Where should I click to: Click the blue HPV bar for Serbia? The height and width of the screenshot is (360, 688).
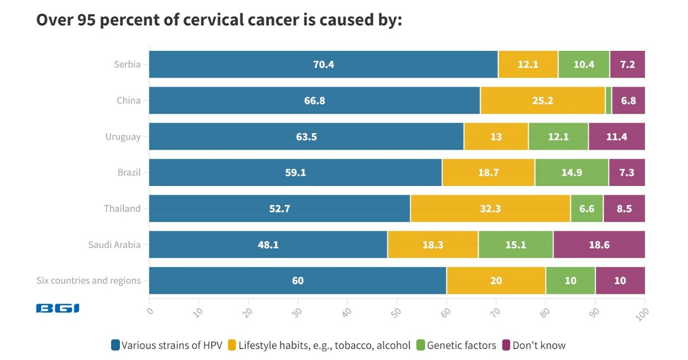[x=323, y=65]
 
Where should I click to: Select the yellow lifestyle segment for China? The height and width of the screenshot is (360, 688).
[x=542, y=100]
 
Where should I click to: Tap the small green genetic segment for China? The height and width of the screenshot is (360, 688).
[x=608, y=100]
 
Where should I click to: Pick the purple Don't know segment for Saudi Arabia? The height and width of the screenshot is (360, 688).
[x=599, y=245]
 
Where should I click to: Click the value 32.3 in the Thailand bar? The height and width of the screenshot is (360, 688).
[x=490, y=209]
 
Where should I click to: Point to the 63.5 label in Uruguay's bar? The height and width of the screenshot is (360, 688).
[x=306, y=137]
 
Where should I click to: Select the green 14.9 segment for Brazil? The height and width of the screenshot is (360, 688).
[x=571, y=172]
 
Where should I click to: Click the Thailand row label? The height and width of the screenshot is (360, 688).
[x=122, y=209]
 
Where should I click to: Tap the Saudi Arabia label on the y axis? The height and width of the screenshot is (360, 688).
[x=114, y=245]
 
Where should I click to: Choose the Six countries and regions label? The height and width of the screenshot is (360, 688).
[x=88, y=280]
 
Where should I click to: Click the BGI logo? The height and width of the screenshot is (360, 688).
[x=57, y=308]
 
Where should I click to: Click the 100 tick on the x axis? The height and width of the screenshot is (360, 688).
[x=643, y=313]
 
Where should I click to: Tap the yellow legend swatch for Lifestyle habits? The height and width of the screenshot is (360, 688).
[x=232, y=345]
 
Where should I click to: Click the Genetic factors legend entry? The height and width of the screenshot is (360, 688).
[x=461, y=345]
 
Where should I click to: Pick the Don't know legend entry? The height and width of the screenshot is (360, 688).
[x=538, y=345]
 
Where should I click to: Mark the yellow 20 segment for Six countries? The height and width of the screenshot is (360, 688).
[x=496, y=280]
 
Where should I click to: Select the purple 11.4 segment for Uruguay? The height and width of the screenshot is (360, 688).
[x=616, y=137]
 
